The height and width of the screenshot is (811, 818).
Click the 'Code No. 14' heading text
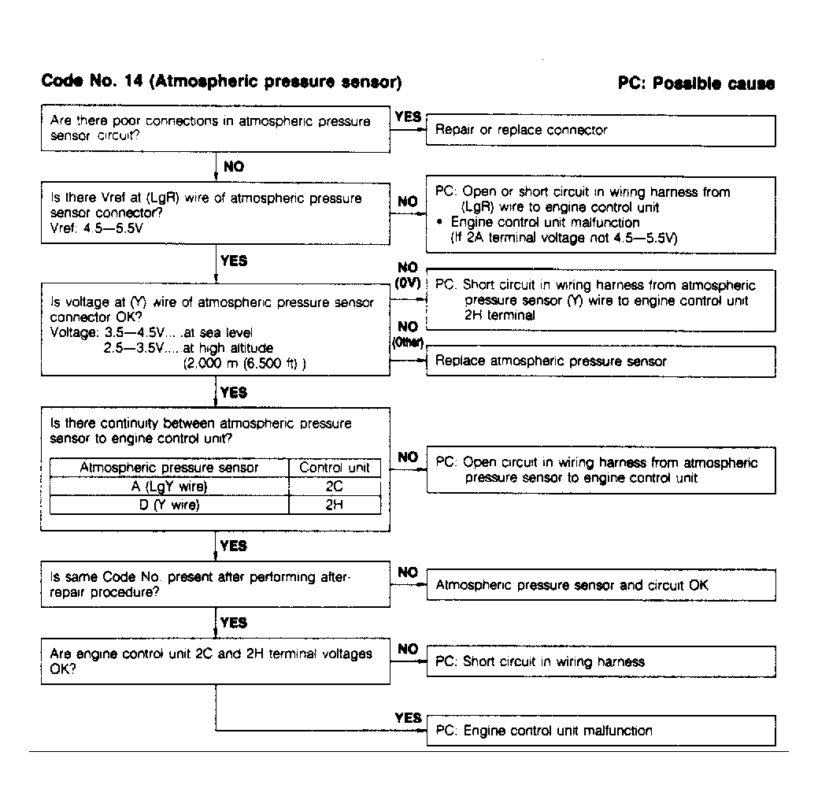tap(221, 82)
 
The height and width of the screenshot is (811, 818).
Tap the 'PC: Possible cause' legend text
tap(696, 83)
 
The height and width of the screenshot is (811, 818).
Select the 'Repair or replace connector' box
tap(601, 130)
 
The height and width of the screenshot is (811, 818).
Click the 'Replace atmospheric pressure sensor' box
tap(601, 361)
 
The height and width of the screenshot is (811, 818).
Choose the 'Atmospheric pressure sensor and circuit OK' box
tap(601, 585)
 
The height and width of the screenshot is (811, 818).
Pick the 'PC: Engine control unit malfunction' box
tap(601, 731)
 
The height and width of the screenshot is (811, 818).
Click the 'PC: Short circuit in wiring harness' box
tap(601, 661)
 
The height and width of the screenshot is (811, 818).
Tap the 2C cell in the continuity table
tap(335, 487)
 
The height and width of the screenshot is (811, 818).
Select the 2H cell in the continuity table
tap(335, 505)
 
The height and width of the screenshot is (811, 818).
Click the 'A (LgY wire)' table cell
tap(169, 487)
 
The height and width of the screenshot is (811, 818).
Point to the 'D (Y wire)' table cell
tap(169, 505)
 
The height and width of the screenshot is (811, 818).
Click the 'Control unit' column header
tap(335, 468)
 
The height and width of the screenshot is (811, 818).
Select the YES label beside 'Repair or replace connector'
tap(408, 117)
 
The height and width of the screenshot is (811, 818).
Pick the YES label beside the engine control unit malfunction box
tap(408, 717)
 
